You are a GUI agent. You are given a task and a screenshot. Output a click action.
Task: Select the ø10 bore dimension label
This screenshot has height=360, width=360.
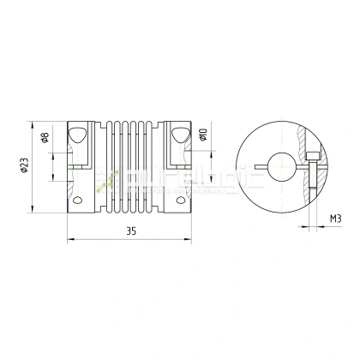pos(203,135)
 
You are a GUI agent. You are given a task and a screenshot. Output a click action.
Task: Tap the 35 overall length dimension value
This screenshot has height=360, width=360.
pos(131,231)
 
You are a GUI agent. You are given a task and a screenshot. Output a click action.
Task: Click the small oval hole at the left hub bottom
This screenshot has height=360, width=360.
pos(78,200)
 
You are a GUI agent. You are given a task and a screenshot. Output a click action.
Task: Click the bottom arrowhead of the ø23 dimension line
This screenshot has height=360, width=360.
pos(33,211)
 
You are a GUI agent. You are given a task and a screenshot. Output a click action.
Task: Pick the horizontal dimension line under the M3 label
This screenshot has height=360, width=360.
pos(330,228)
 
